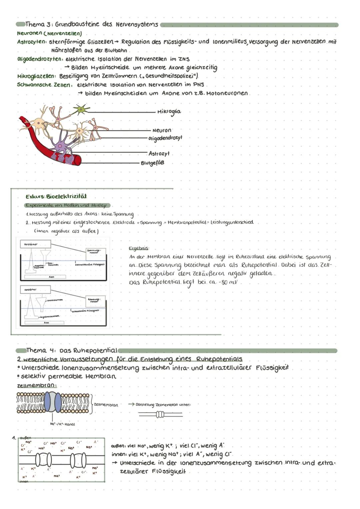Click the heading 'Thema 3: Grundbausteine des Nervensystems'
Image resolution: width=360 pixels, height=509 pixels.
click(92, 25)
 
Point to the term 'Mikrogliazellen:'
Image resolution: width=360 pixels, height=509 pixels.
click(37, 76)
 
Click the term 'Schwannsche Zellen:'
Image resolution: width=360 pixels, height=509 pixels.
click(44, 85)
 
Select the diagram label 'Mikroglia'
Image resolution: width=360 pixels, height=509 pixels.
click(169, 112)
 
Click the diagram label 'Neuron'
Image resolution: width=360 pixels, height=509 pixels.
click(162, 130)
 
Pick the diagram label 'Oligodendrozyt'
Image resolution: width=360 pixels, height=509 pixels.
click(165, 138)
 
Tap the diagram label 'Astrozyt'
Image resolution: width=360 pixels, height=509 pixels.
click(159, 153)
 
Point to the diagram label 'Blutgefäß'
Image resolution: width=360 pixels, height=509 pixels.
click(152, 163)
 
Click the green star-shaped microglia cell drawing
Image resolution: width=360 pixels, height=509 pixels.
click(80, 109)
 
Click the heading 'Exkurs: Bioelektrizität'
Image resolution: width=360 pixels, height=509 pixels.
click(56, 196)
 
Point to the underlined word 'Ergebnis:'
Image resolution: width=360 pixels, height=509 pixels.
click(139, 248)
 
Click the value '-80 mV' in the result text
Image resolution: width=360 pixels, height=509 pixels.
click(230, 283)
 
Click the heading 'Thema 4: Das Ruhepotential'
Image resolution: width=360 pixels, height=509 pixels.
click(72, 351)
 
